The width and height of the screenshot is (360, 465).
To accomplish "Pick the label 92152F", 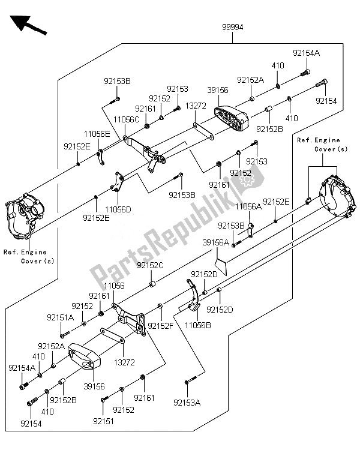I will pyautogui.click(x=163, y=325).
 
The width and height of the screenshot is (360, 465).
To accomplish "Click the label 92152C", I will pyautogui.click(x=150, y=265).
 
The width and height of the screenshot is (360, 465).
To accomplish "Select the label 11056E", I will pyautogui.click(x=97, y=134).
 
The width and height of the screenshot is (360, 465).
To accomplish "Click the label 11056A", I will pyautogui.click(x=248, y=206).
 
